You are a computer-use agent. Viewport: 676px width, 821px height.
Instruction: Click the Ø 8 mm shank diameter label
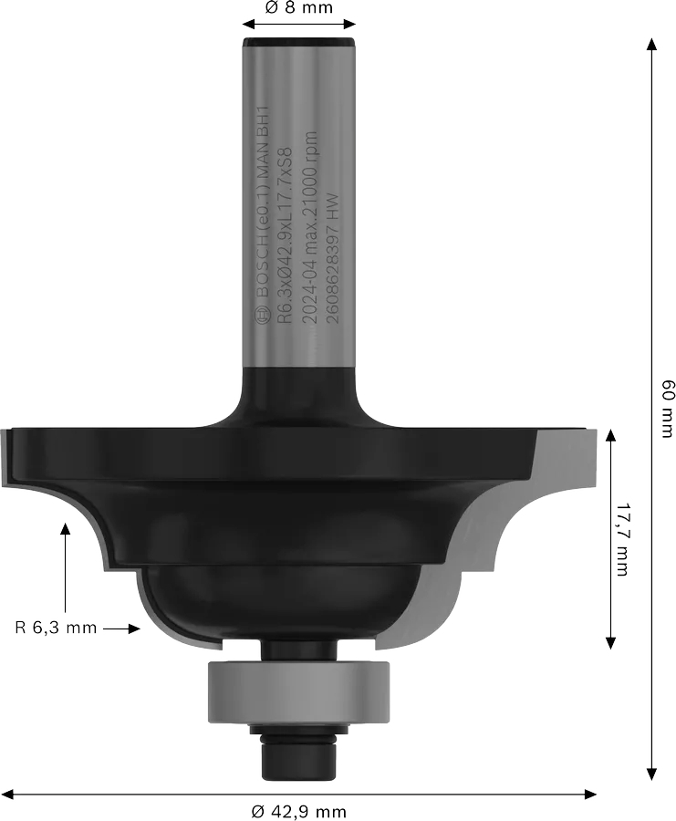point(298,8)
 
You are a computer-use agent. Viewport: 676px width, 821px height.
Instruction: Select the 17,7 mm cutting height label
point(623,538)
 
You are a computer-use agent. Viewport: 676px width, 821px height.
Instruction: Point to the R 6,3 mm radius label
point(55,628)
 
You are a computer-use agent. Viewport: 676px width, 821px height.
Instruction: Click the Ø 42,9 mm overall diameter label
point(298,810)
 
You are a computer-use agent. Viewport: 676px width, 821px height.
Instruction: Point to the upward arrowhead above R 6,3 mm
point(65,527)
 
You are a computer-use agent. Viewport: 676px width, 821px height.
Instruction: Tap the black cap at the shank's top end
point(298,40)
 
